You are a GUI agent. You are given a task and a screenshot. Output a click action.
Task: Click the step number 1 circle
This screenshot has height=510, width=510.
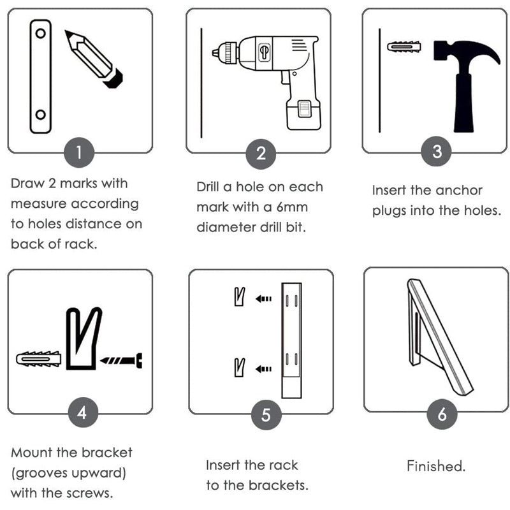tap(79, 152)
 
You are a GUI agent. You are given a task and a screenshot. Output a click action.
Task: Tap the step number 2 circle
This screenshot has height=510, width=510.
tap(261, 154)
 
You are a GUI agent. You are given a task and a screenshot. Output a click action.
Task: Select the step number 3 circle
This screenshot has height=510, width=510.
tap(436, 151)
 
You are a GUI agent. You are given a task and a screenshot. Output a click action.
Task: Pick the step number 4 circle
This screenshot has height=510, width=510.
tap(84, 412)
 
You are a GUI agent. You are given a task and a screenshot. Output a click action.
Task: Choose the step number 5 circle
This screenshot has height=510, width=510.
tap(266, 415)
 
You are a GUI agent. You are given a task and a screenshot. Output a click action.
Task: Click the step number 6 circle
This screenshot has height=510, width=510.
tap(442, 414)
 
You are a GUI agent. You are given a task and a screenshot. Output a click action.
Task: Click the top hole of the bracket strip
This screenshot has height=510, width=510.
tap(41, 33)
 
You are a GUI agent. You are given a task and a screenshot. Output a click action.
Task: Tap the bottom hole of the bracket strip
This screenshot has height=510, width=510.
tap(41, 115)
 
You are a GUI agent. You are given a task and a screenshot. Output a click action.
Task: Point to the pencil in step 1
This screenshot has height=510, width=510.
tap(94, 59)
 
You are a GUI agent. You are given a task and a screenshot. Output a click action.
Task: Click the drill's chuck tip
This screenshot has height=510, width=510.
tap(214, 52)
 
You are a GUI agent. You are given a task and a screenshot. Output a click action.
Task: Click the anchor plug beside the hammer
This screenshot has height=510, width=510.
tap(404, 47)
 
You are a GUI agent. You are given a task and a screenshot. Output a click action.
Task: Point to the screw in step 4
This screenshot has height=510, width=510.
tap(121, 360)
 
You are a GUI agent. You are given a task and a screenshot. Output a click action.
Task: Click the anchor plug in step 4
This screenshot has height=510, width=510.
tap(39, 359)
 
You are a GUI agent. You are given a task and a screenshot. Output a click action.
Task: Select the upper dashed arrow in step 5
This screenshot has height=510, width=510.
tap(263, 298)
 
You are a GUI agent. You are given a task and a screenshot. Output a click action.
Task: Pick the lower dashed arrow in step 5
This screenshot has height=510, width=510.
tap(263, 369)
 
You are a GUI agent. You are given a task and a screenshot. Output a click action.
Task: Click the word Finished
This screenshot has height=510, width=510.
tap(436, 466)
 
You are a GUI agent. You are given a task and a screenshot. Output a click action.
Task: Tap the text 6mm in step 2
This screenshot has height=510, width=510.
tap(292, 207)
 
